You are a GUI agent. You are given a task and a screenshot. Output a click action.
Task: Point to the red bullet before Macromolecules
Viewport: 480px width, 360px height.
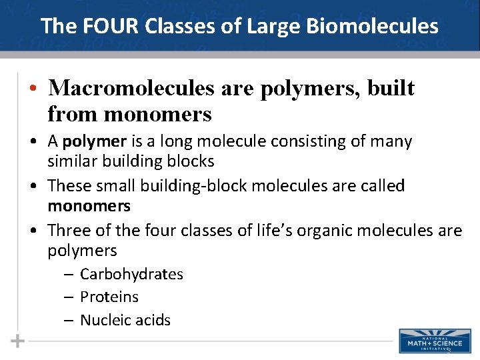32,89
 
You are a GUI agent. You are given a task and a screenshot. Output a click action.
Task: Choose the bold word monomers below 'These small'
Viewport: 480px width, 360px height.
89,206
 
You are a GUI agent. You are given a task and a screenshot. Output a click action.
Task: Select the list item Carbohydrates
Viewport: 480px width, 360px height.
131,274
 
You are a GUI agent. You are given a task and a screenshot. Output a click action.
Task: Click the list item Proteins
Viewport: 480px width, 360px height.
109,297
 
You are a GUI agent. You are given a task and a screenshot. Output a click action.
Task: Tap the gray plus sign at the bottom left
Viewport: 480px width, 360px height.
18,341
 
